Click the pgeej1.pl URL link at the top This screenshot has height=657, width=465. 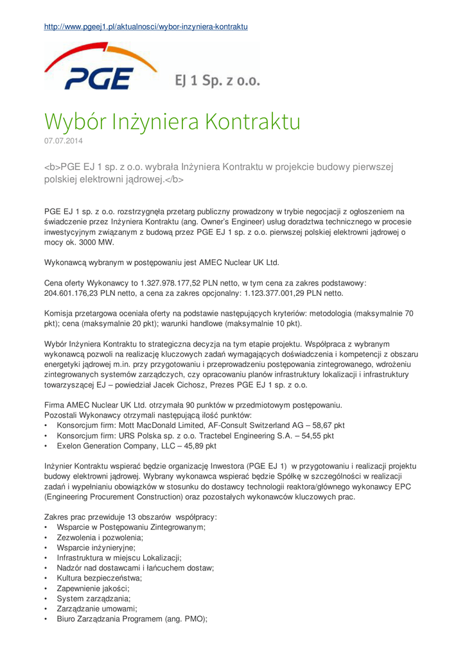tap(146, 26)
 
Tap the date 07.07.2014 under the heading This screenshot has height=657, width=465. tap(62, 139)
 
